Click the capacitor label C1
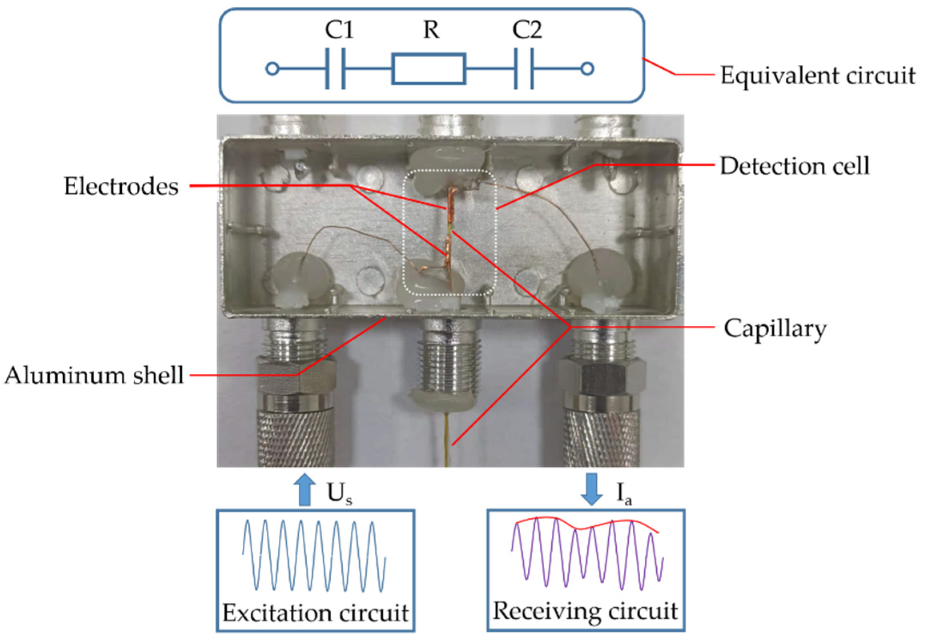[339, 30]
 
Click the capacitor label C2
[527, 30]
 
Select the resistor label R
[431, 30]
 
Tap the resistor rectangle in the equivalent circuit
[429, 69]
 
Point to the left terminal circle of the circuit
[272, 69]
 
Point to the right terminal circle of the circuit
[587, 69]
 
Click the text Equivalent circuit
[817, 76]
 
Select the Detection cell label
[794, 166]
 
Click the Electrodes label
[121, 187]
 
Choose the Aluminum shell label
[94, 375]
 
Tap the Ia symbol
[624, 494]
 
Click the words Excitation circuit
[316, 613]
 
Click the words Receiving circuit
[585, 611]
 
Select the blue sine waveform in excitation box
[314, 556]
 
